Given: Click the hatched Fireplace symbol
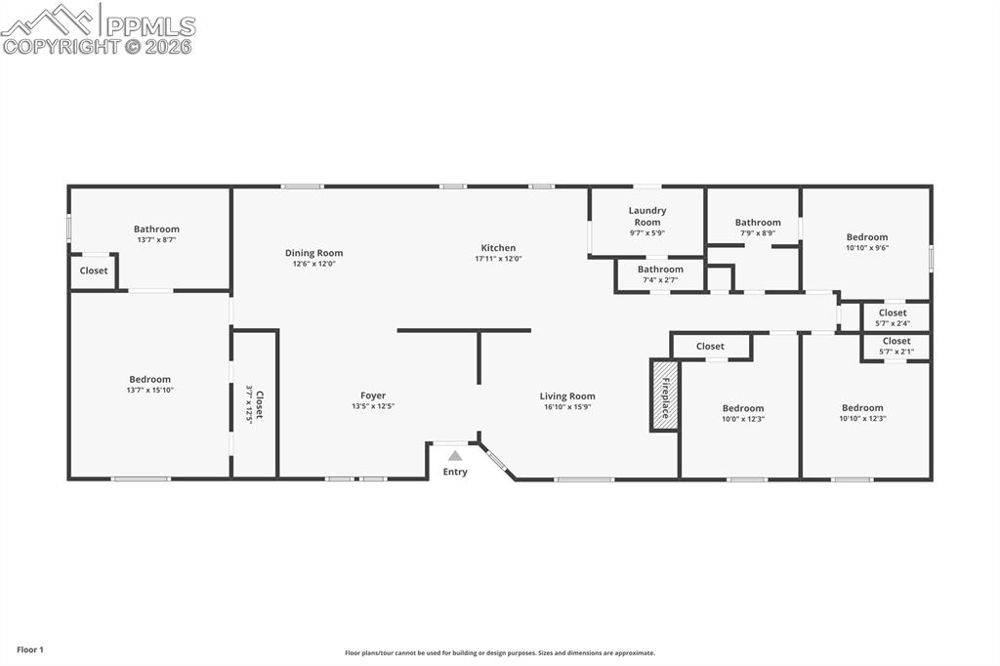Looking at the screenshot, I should click(664, 395).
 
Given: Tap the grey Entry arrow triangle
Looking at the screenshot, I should click(455, 455).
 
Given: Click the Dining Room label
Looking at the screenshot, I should click(313, 253).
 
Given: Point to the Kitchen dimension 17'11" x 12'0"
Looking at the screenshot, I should click(498, 260).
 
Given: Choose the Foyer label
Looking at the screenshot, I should click(373, 395).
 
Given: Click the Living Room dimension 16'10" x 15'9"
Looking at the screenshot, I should click(567, 407).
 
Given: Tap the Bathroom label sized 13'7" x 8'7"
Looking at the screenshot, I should click(156, 229).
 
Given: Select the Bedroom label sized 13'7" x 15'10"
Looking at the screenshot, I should click(149, 379).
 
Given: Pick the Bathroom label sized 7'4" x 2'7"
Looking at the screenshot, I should click(660, 270).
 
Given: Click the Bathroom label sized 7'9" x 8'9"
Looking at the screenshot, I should click(758, 223).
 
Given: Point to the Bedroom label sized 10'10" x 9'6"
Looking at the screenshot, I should click(867, 237).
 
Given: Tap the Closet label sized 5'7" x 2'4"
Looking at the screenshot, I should click(893, 313).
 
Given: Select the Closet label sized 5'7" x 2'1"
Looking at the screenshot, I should click(896, 341).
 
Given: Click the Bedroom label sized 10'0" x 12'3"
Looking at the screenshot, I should click(743, 408).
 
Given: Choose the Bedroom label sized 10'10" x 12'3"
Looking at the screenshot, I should click(862, 408).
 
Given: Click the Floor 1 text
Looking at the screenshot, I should click(30, 649).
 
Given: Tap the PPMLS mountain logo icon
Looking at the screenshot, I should click(48, 18).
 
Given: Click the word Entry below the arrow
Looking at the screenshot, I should click(455, 472).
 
